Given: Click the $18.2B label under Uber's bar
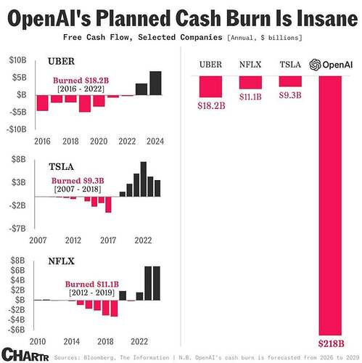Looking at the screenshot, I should pyautogui.click(x=211, y=105).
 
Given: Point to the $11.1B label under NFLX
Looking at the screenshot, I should pyautogui.click(x=250, y=97).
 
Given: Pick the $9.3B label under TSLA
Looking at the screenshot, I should pyautogui.click(x=289, y=94).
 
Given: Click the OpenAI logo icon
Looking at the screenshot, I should pyautogui.click(x=316, y=65).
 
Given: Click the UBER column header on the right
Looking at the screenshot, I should pyautogui.click(x=211, y=65).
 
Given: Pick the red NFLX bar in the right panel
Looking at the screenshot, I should pyautogui.click(x=250, y=82).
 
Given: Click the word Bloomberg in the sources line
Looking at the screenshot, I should pyautogui.click(x=96, y=356).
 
